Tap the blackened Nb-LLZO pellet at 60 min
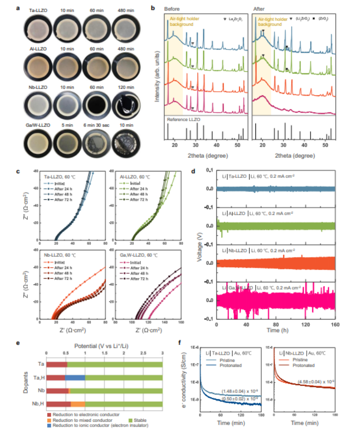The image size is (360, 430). pos(97,103)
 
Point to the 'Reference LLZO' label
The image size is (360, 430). pos(182,119)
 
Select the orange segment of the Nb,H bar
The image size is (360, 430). pos(78,403)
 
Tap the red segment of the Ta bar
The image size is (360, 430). pos(56,364)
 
